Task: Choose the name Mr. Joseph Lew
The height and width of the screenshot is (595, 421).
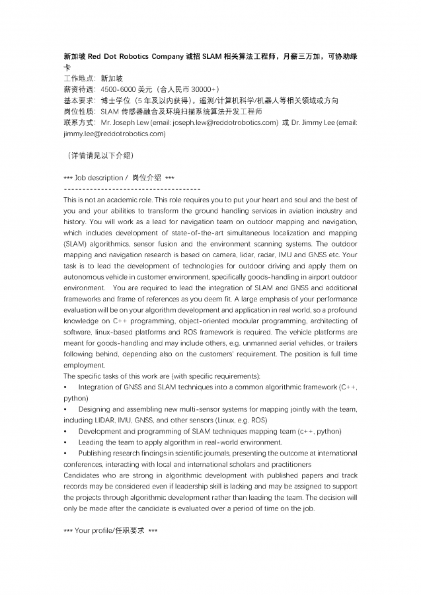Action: click(123, 122)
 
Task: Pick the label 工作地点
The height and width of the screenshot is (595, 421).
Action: click(79, 79)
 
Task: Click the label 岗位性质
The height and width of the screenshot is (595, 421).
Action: click(79, 111)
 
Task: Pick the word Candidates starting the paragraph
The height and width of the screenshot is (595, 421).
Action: click(81, 475)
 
